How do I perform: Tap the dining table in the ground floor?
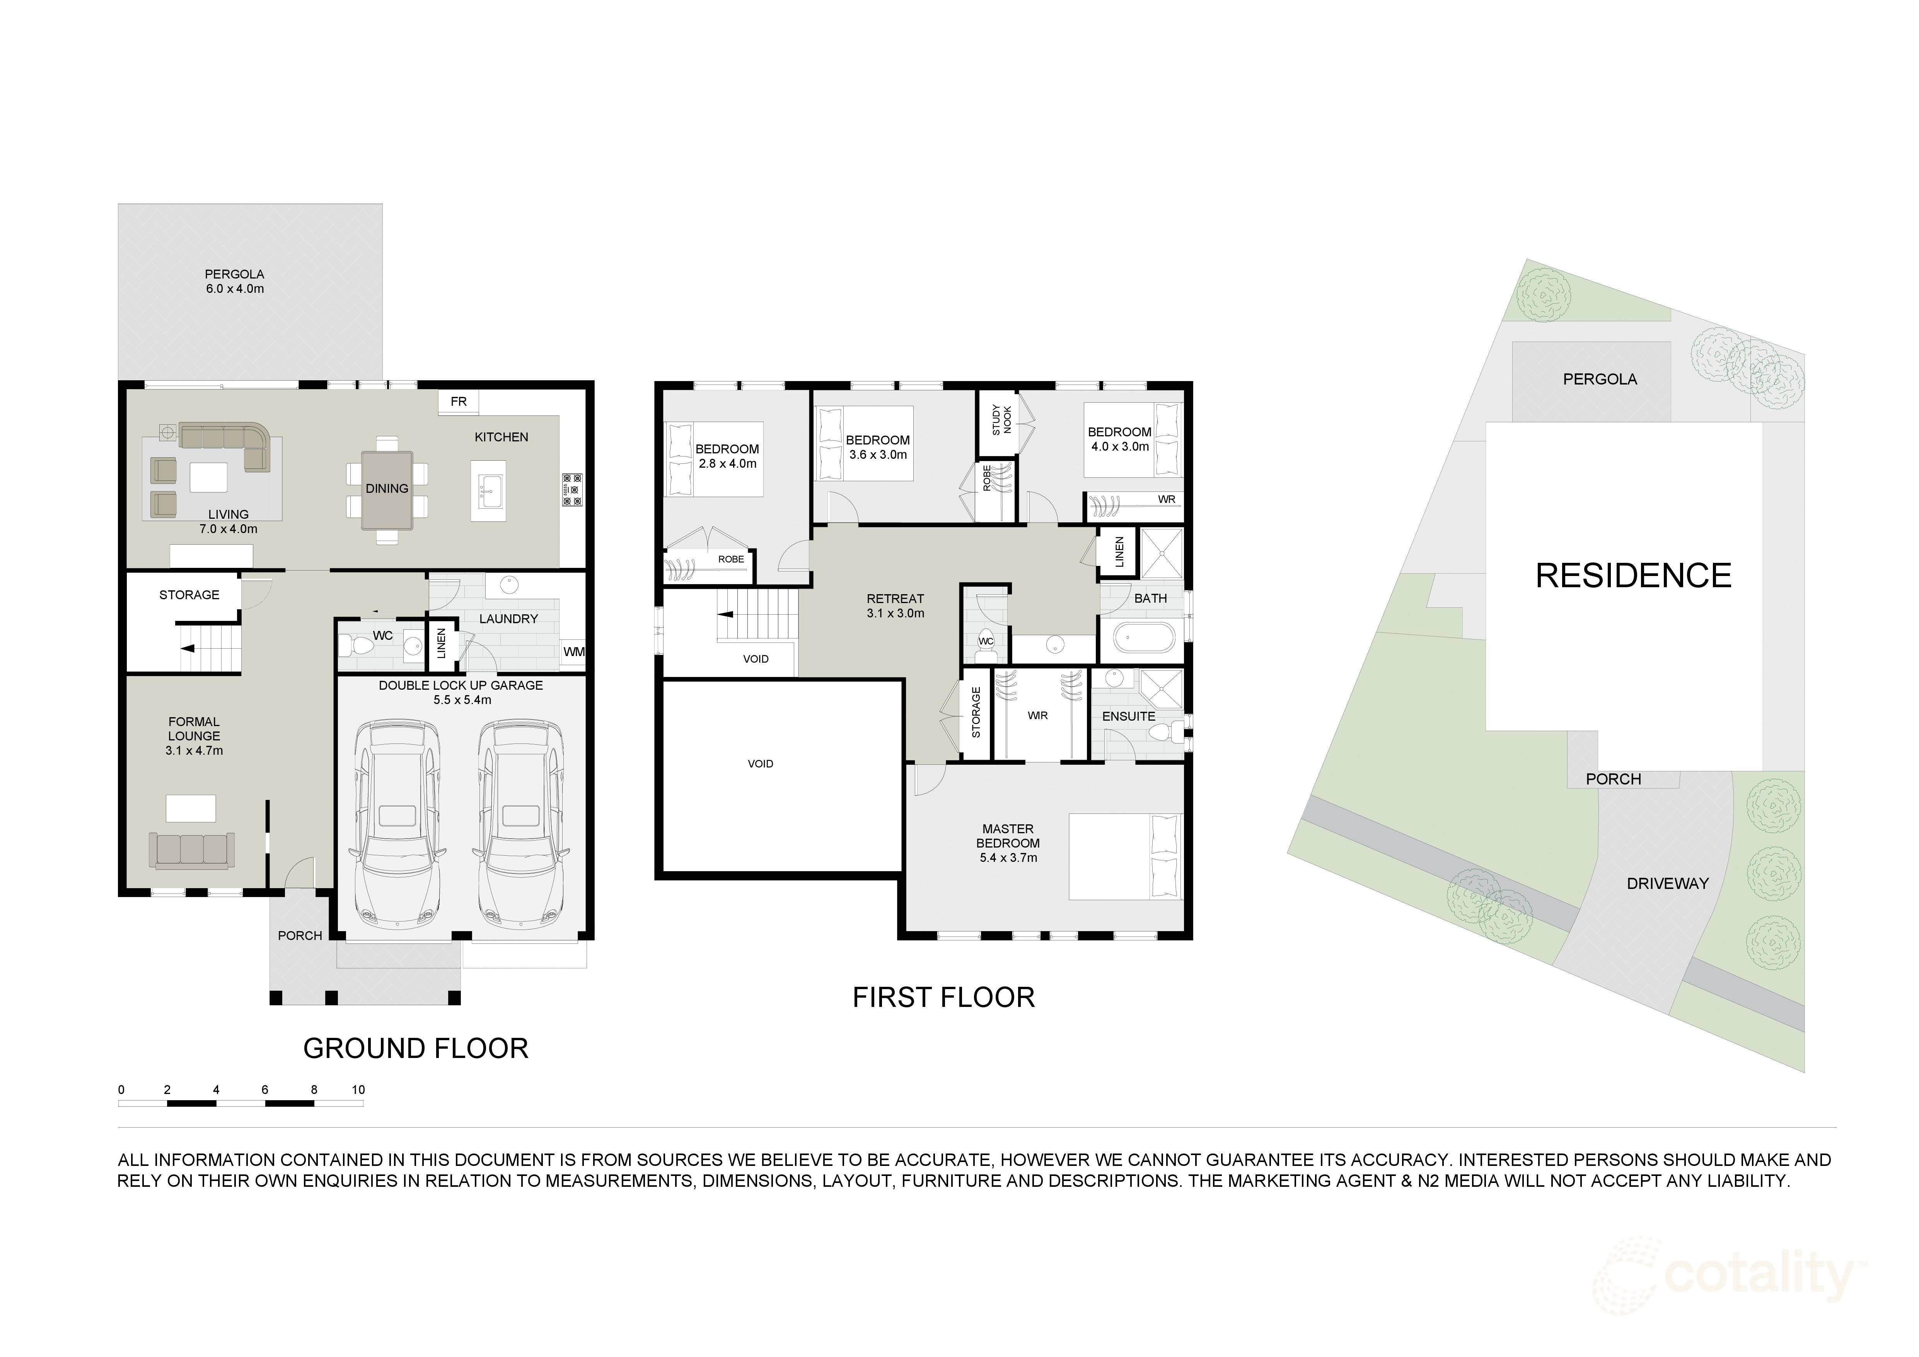387,490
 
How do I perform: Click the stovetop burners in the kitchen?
573,489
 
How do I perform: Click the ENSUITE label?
1128,716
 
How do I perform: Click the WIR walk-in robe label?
1037,716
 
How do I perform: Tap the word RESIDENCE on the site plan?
1633,576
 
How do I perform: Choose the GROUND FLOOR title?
415,1048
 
